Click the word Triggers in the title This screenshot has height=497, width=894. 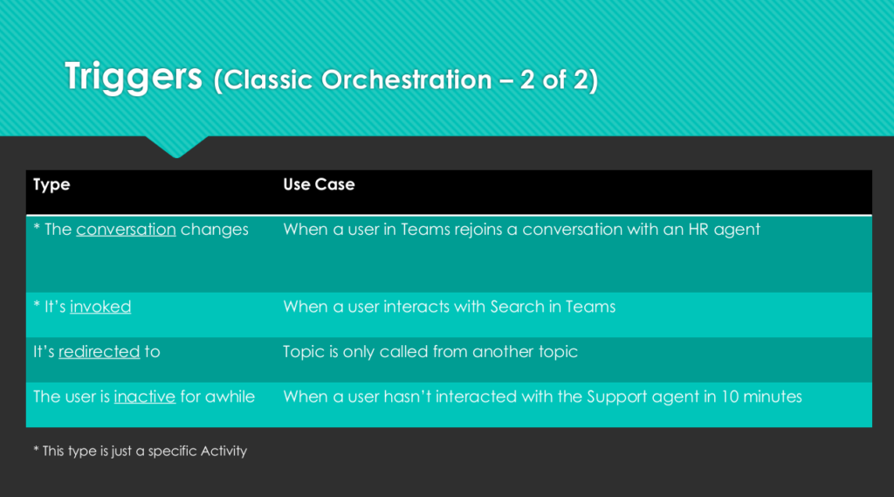(x=134, y=78)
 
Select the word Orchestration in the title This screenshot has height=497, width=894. (x=407, y=79)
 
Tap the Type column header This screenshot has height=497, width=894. (x=52, y=185)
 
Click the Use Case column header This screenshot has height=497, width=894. (x=319, y=184)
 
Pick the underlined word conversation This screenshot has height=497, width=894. (x=126, y=230)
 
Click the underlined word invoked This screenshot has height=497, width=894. (x=100, y=307)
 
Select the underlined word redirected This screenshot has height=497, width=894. (x=100, y=351)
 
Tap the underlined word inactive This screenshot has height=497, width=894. (x=145, y=397)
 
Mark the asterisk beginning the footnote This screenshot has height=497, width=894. (x=36, y=449)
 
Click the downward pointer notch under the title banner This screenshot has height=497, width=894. (x=176, y=147)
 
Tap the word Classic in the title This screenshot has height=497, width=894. (x=269, y=79)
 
